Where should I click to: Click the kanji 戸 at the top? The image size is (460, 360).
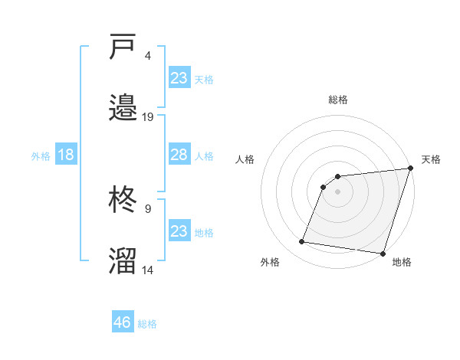pyautogui.click(x=123, y=47)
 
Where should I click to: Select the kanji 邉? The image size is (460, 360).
pyautogui.click(x=123, y=107)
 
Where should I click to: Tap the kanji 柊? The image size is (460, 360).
pyautogui.click(x=123, y=201)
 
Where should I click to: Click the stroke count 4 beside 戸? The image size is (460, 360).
pyautogui.click(x=148, y=56)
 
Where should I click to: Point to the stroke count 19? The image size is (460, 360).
pyautogui.click(x=148, y=116)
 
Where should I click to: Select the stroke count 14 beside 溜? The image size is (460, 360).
pyautogui.click(x=148, y=270)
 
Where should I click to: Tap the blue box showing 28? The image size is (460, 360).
pyautogui.click(x=179, y=155)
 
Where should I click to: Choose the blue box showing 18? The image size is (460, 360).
pyautogui.click(x=66, y=155)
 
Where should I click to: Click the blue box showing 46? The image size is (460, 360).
pyautogui.click(x=123, y=322)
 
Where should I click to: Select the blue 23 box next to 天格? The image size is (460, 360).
pyautogui.click(x=179, y=77)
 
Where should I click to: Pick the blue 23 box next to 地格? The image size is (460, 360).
pyautogui.click(x=179, y=231)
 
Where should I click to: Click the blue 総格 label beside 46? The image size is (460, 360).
pyautogui.click(x=147, y=324)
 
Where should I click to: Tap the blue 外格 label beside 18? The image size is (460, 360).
pyautogui.click(x=41, y=156)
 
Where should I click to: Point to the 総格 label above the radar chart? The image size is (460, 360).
pyautogui.click(x=338, y=100)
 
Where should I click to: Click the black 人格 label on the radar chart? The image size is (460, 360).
pyautogui.click(x=246, y=159)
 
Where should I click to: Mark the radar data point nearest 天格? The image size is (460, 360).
pyautogui.click(x=410, y=169)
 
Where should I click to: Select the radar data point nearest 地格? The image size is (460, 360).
pyautogui.click(x=383, y=254)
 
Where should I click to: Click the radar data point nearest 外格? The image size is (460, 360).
pyautogui.click(x=302, y=242)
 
